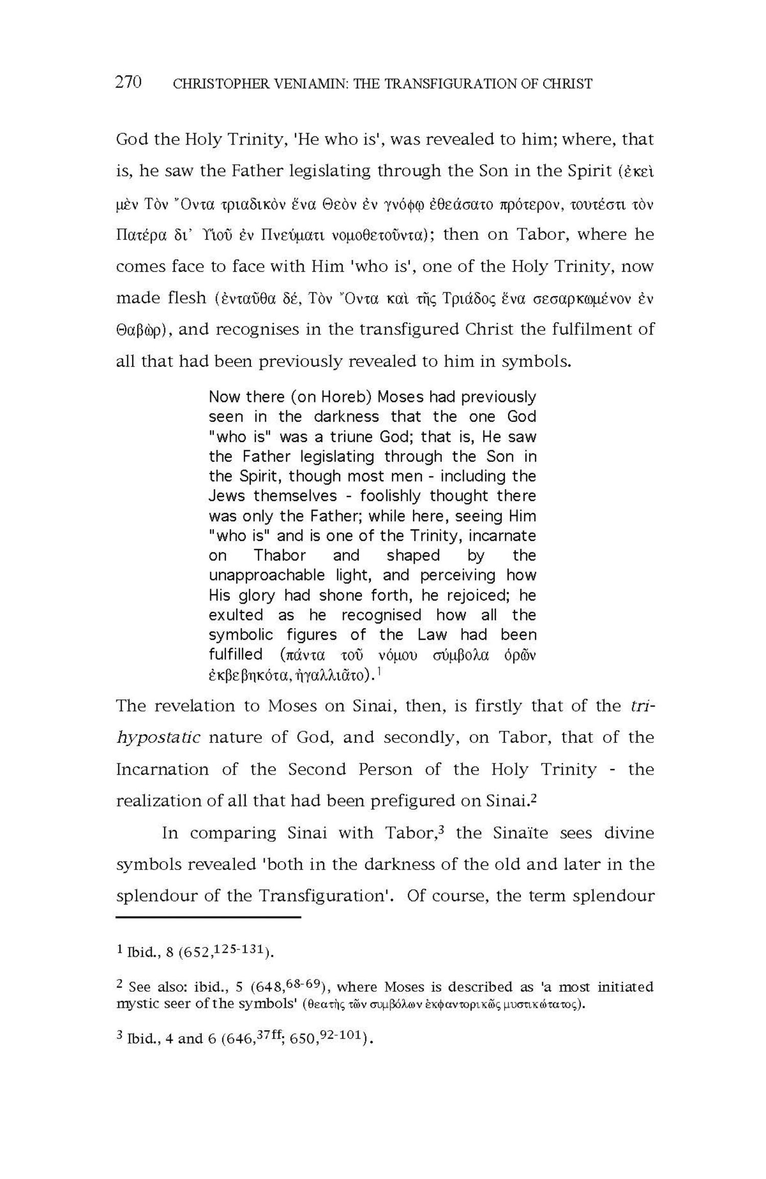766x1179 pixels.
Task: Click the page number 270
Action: click(128, 82)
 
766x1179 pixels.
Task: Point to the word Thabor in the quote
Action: click(280, 555)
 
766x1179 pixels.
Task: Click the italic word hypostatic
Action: click(158, 737)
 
